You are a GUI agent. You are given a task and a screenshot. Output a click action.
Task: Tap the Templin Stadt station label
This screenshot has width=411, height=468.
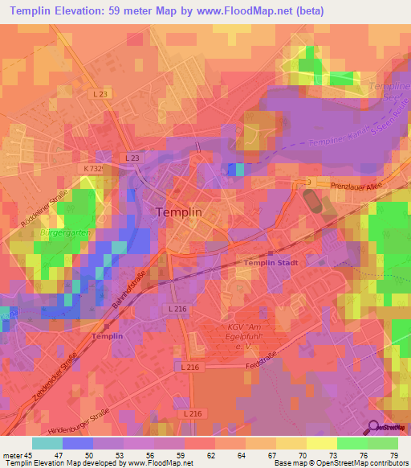click(275, 262)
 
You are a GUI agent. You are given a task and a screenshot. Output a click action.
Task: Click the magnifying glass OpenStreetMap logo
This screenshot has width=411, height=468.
click(375, 428)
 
